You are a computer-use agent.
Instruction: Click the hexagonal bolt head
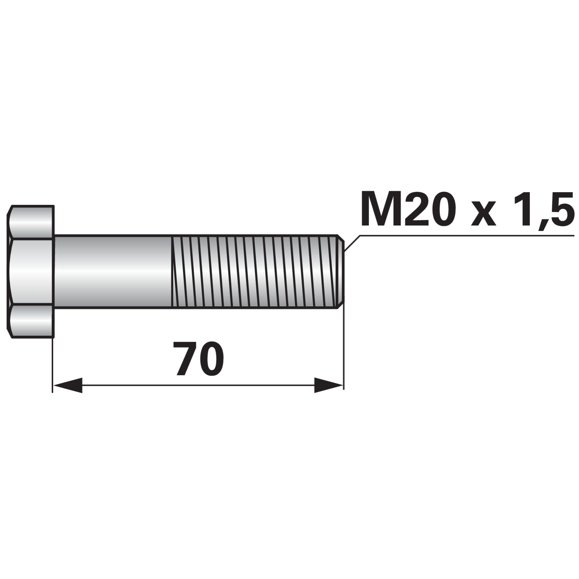pyautogui.click(x=31, y=271)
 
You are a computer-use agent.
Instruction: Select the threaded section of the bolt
pyautogui.click(x=255, y=271)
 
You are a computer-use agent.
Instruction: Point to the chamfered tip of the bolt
pyautogui.click(x=341, y=271)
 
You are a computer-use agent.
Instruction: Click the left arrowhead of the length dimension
pyautogui.click(x=68, y=385)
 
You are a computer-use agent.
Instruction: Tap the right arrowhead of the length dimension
pyautogui.click(x=329, y=385)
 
